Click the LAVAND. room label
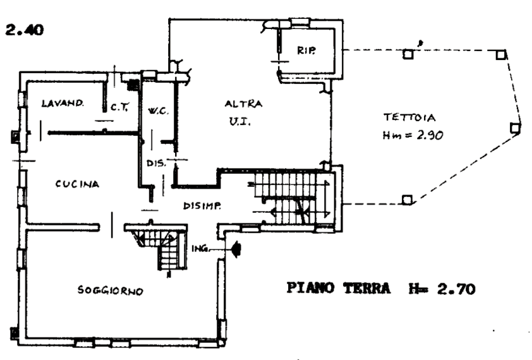(63, 103)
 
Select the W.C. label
(156, 112)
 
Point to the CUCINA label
(77, 184)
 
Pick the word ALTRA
(243, 104)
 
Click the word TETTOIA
(409, 117)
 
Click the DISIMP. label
(202, 206)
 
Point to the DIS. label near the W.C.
(156, 164)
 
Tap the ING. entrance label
(198, 249)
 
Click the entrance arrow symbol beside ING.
(235, 250)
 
